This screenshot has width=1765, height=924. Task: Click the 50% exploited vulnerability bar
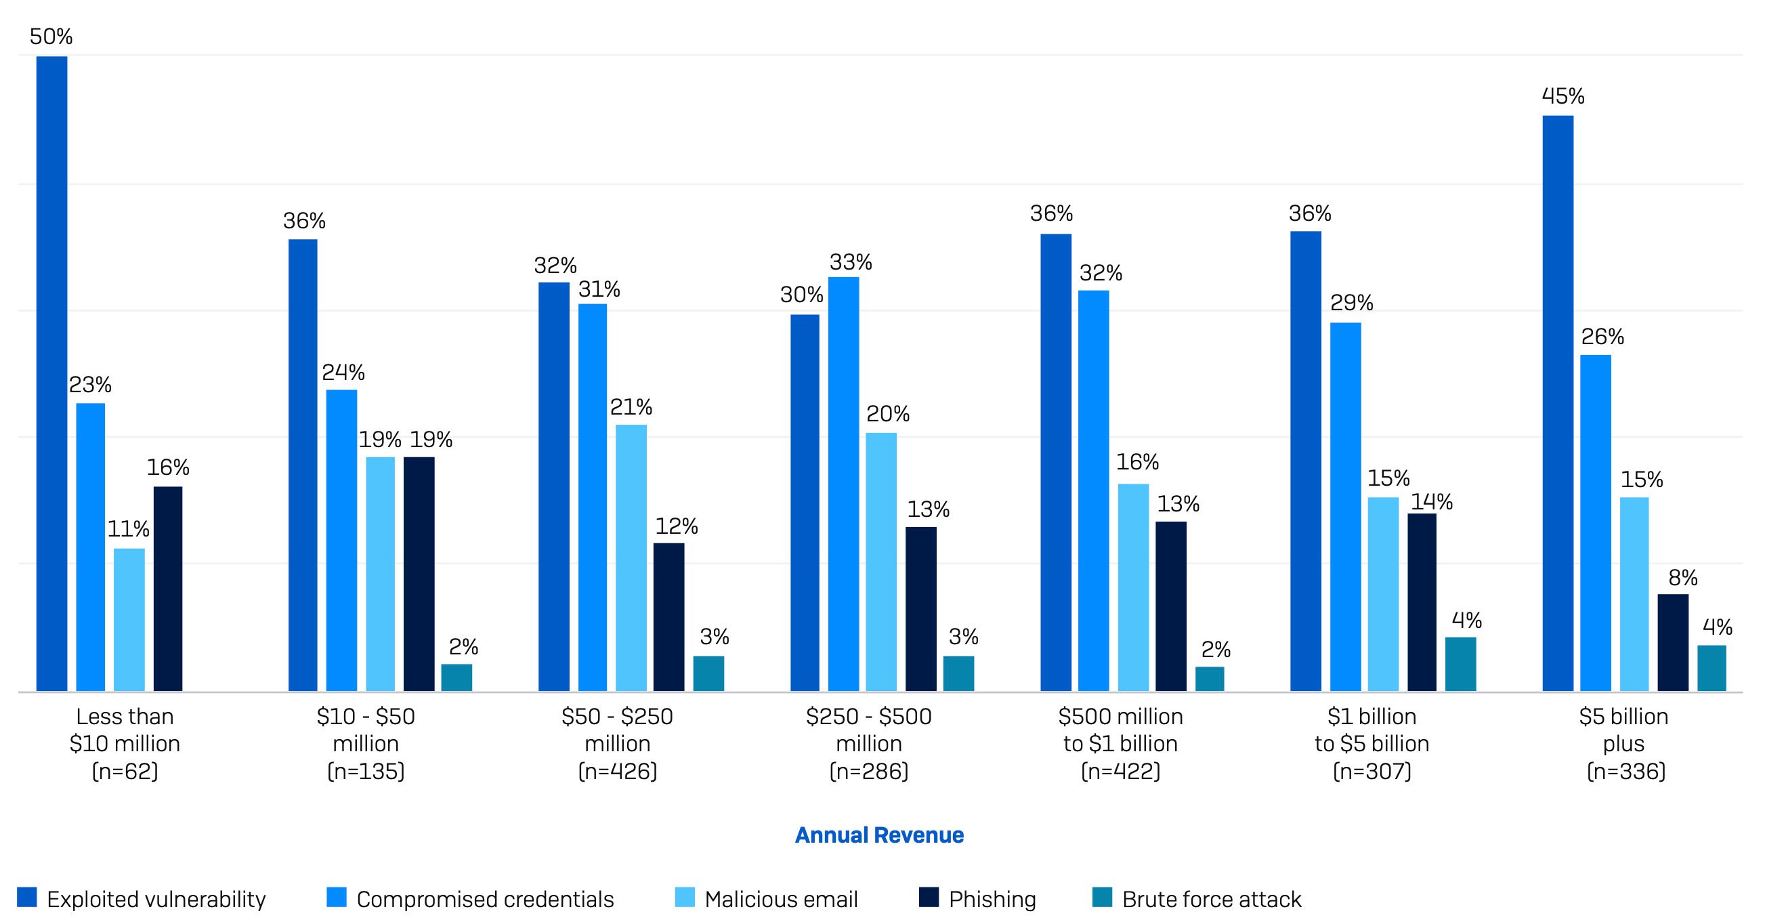coord(51,373)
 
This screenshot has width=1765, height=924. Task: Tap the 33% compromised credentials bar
coord(843,483)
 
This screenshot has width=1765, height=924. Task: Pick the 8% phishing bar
coord(1672,642)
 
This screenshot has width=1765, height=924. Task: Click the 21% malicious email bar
coord(631,558)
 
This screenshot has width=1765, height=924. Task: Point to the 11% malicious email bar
coord(129,619)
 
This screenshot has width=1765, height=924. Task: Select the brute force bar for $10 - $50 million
coord(456,677)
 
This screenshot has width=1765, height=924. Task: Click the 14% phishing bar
coord(1422,602)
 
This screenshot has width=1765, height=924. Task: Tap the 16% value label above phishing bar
coord(168,467)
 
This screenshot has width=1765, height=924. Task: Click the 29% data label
coord(1351,302)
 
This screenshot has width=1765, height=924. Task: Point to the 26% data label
coord(1602,337)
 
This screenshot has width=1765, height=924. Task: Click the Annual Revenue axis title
coord(879,835)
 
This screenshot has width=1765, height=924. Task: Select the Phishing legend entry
coord(978,899)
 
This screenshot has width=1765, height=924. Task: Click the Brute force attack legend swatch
coord(1103,898)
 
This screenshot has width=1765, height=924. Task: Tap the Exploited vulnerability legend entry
coord(142,899)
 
